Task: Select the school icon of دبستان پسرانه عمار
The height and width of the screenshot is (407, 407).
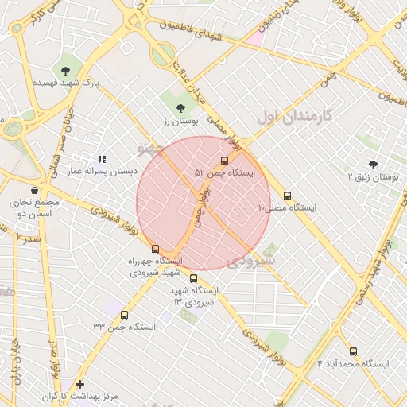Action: [101, 160]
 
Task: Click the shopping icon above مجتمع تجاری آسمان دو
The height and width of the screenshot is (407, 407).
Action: [34, 191]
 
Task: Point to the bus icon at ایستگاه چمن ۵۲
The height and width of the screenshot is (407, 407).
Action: [223, 160]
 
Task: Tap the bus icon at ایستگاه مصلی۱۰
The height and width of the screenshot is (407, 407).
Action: [287, 196]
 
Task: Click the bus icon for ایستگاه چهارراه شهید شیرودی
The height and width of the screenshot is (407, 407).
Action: [155, 249]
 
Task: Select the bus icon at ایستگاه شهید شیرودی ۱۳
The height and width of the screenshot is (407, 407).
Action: [194, 278]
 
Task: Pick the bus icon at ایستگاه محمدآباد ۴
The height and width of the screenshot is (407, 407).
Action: [353, 351]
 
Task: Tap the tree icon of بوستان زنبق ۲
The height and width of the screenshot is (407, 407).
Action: [373, 164]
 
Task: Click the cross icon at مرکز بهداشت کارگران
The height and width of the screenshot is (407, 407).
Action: [79, 384]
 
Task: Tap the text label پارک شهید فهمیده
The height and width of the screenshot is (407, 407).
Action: [64, 83]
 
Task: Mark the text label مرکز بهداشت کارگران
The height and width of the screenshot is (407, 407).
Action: [79, 396]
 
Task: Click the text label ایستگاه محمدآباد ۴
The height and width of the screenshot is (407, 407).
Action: [353, 363]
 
